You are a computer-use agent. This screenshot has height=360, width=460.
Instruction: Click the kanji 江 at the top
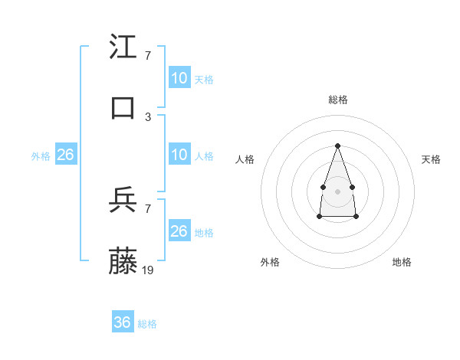[x=123, y=47]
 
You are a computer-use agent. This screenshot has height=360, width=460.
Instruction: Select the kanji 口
[x=123, y=107]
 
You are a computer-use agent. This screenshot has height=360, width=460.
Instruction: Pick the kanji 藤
[x=123, y=262]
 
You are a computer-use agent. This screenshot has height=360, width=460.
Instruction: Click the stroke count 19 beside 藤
[x=149, y=270]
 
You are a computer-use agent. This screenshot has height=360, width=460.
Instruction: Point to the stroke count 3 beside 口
[x=147, y=116]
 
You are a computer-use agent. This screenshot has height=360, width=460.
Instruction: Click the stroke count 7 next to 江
[x=147, y=56]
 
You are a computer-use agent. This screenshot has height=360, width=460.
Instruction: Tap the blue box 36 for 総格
[x=123, y=322]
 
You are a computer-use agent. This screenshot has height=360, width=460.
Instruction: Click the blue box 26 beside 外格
[x=66, y=155]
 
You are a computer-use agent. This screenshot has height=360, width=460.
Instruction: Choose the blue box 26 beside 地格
[x=179, y=231]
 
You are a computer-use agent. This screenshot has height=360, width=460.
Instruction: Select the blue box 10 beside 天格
[x=179, y=78]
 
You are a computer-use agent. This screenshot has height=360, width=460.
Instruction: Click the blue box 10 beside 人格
[x=179, y=155]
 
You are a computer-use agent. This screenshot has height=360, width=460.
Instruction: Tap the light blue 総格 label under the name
[x=147, y=324]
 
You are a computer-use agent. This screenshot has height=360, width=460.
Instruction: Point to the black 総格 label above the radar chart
[x=337, y=100]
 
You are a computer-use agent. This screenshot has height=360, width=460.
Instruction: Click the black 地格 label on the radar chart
[x=402, y=262]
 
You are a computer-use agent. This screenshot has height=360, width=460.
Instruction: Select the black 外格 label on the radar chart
[x=270, y=262]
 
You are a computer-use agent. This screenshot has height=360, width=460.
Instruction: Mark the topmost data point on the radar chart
[x=337, y=145]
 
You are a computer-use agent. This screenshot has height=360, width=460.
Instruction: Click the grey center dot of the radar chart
[x=337, y=190]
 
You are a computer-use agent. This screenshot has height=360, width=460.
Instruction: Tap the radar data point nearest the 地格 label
[x=356, y=217]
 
